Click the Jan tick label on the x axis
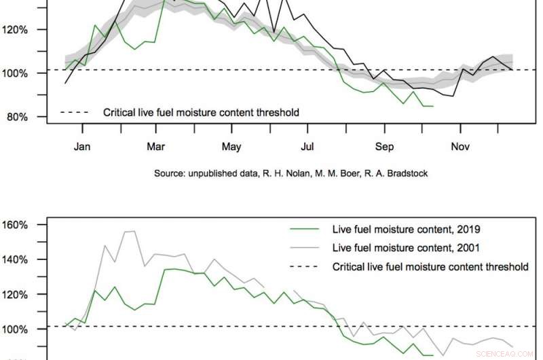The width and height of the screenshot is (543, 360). tap(83, 147)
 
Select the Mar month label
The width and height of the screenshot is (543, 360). tap(157, 147)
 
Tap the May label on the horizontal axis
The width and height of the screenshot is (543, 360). tap(231, 147)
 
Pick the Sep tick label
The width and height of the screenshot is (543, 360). tap(385, 147)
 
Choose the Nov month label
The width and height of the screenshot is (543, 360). tap(460, 147)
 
